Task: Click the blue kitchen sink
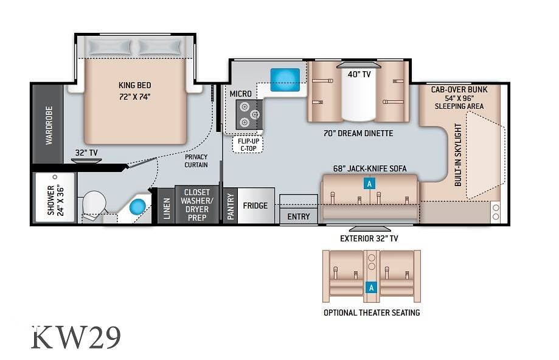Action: pyautogui.click(x=285, y=80)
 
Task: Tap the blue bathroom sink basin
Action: pyautogui.click(x=137, y=207)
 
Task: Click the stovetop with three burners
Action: pyautogui.click(x=249, y=114)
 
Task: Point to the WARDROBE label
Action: pyautogui.click(x=49, y=125)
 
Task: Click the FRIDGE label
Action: pyautogui.click(x=255, y=206)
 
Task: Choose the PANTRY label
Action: pyautogui.click(x=231, y=206)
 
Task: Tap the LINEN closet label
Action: pyautogui.click(x=167, y=209)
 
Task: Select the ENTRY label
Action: pyautogui.click(x=299, y=216)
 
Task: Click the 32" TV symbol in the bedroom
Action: pyautogui.click(x=86, y=161)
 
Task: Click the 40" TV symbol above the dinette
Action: pyautogui.click(x=359, y=65)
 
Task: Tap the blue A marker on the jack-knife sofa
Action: pyautogui.click(x=369, y=184)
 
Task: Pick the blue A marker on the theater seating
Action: pyautogui.click(x=372, y=287)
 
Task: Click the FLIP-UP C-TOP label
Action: pyautogui.click(x=249, y=145)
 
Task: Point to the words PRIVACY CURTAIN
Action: pyautogui.click(x=196, y=161)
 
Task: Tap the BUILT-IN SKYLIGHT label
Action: pyautogui.click(x=458, y=154)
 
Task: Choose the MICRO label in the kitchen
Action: pyautogui.click(x=241, y=94)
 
